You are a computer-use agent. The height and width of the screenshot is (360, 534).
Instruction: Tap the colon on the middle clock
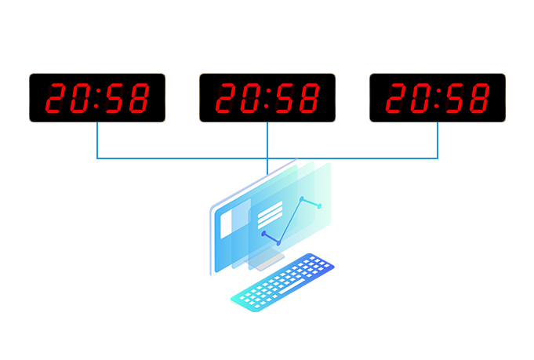click(x=267, y=98)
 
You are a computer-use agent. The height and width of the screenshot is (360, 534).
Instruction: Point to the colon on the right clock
click(x=438, y=98)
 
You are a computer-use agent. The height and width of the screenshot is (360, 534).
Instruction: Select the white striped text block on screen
click(x=270, y=213)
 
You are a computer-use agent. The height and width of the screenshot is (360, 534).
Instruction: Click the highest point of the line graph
click(x=302, y=198)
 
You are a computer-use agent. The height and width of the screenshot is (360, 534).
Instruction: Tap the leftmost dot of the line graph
click(x=264, y=234)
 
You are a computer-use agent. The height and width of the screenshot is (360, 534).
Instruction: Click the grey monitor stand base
click(x=268, y=261)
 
